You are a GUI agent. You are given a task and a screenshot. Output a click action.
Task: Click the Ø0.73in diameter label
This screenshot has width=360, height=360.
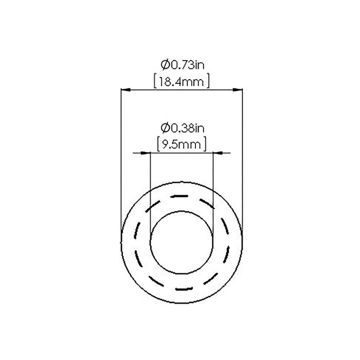[x=181, y=65]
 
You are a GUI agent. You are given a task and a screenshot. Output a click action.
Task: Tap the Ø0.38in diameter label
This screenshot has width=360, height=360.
[x=181, y=128]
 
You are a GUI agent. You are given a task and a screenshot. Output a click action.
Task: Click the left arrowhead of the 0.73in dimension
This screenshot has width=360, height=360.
[x=124, y=89]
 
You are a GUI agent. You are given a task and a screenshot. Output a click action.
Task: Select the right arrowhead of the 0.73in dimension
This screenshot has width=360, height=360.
[x=238, y=89]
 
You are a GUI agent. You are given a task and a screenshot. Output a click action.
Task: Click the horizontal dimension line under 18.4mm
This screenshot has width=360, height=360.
[x=181, y=89]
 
